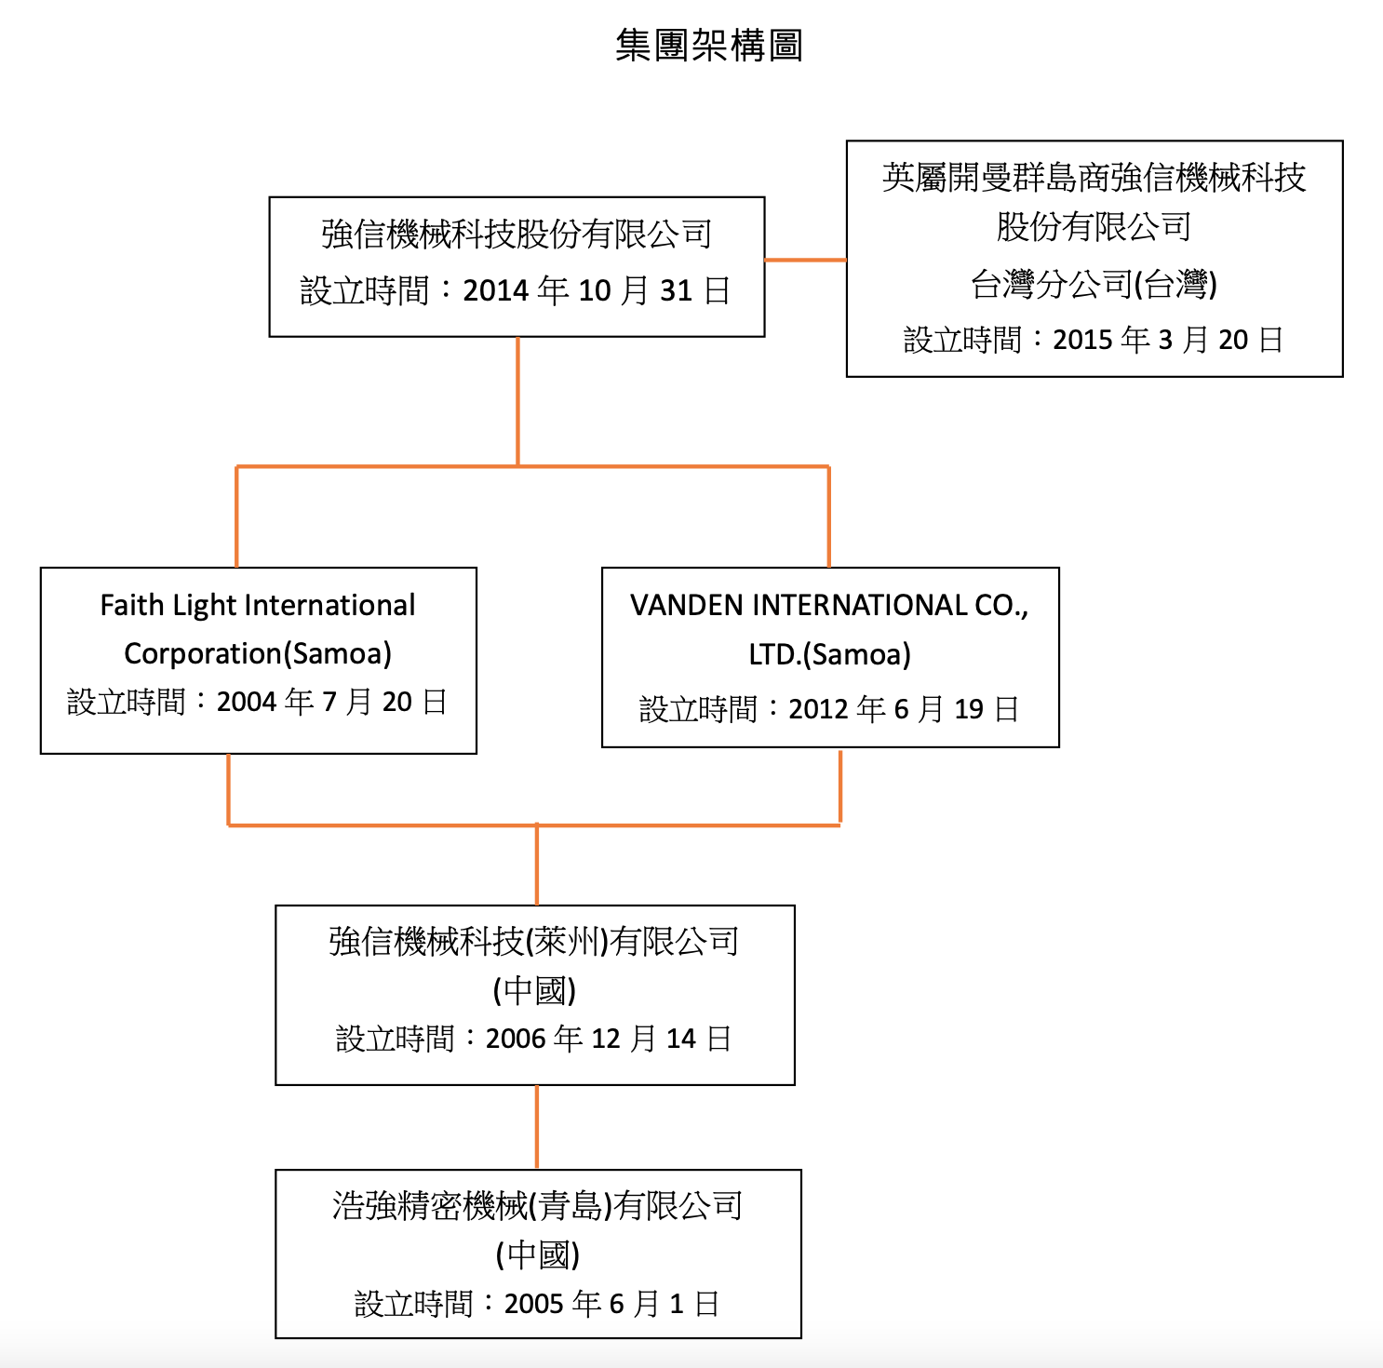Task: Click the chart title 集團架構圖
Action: [709, 45]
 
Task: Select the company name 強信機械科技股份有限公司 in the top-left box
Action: [517, 235]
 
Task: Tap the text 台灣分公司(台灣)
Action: [1094, 284]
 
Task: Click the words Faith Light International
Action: [258, 606]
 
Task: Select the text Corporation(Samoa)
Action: [258, 653]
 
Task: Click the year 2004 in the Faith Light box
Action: [247, 702]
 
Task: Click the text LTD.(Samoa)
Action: [830, 654]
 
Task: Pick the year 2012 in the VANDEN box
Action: [819, 709]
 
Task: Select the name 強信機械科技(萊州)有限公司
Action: [534, 942]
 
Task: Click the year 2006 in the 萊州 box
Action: [516, 1039]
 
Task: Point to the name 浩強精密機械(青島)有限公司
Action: [538, 1206]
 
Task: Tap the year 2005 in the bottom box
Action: [534, 1304]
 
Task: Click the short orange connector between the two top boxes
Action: [805, 260]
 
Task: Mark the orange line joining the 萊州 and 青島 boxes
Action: [537, 1127]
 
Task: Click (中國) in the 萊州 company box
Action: [534, 990]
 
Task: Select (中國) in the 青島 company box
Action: [538, 1254]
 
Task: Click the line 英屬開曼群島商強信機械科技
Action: [1094, 178]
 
